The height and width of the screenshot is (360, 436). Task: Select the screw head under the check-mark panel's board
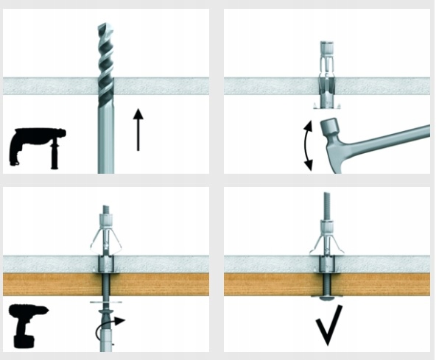pos(326,298)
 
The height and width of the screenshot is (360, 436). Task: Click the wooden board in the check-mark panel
pos(383,283)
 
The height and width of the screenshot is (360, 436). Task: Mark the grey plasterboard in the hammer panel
pos(265,85)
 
